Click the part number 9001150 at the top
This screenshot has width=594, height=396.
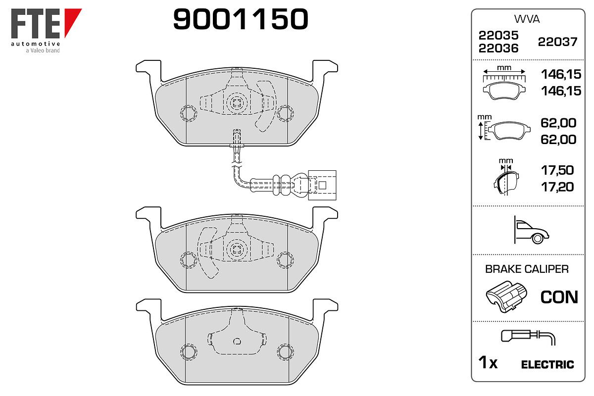click(x=241, y=19)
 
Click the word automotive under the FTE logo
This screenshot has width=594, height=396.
click(x=36, y=44)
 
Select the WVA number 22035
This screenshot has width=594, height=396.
click(x=498, y=35)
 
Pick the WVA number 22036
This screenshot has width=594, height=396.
click(x=498, y=49)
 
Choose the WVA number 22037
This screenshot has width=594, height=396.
click(x=557, y=42)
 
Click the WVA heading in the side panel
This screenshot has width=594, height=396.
click(x=527, y=19)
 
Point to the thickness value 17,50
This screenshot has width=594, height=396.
click(x=557, y=170)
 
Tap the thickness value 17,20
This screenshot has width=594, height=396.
click(x=557, y=187)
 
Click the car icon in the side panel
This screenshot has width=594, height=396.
click(x=531, y=230)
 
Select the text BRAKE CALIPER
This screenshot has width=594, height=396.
click(x=527, y=269)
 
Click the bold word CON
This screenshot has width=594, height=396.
click(x=559, y=297)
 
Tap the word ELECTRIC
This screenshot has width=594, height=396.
click(x=547, y=365)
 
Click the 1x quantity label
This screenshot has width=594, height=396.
click(x=488, y=362)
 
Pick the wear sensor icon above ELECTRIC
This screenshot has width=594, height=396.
click(x=528, y=338)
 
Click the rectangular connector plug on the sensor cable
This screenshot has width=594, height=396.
click(x=322, y=185)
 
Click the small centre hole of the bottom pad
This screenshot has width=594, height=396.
click(x=237, y=341)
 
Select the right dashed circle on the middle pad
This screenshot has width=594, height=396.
click(x=285, y=260)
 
